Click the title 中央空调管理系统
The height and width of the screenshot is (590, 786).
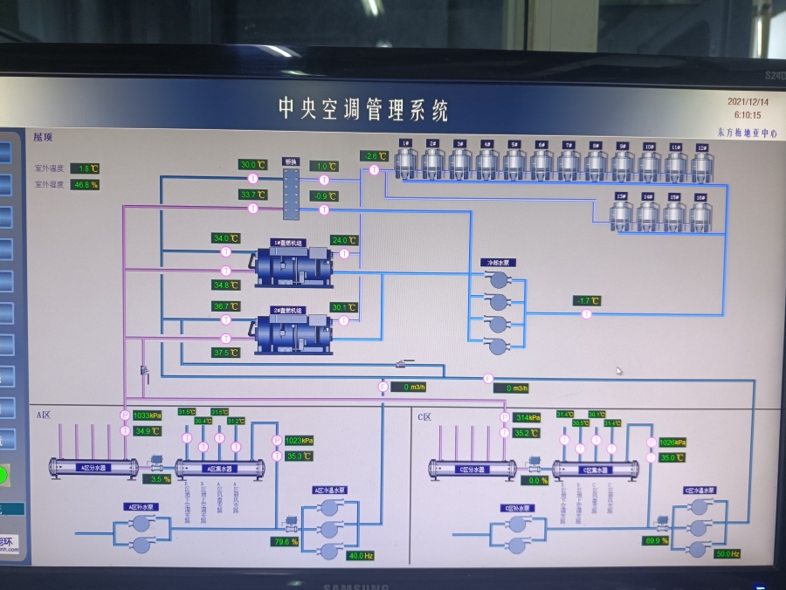click(362, 109)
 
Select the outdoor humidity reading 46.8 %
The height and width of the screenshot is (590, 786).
click(86, 184)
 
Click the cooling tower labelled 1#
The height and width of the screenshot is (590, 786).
click(406, 161)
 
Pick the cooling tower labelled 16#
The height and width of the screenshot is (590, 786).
click(700, 215)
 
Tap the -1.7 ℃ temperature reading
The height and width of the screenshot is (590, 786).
click(588, 301)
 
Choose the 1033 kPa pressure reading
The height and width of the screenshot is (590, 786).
click(148, 415)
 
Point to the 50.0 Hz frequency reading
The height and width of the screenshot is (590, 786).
click(727, 554)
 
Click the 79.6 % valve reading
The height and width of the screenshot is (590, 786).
click(285, 542)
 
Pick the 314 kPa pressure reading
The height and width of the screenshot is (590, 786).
click(527, 417)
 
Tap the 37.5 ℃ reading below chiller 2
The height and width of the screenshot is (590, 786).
click(225, 353)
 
